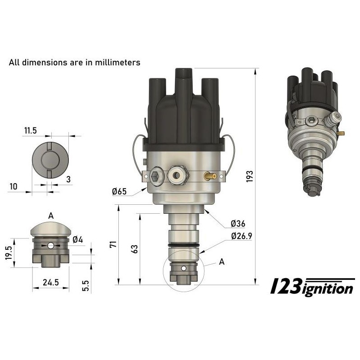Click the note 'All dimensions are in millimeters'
(75, 62)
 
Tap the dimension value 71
(113, 244)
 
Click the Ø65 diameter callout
(119, 192)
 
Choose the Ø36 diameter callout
(237, 224)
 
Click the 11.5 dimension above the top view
(31, 130)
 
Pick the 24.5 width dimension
(50, 282)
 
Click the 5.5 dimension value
(85, 286)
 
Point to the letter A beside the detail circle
(221, 261)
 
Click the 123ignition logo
(312, 286)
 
